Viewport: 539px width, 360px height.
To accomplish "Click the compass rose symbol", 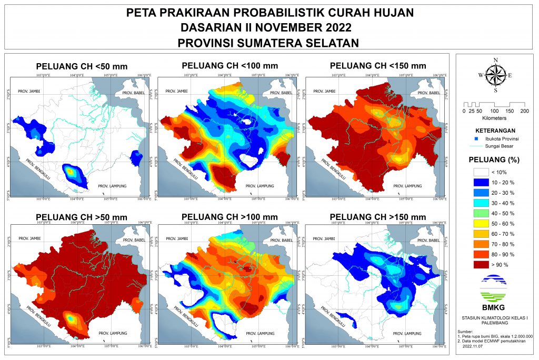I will [x=495, y=75].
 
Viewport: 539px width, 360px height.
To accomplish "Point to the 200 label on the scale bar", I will [x=524, y=112].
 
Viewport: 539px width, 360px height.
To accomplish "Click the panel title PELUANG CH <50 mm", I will [x=82, y=67].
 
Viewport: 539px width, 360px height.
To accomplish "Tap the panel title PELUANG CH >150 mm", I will [x=377, y=217].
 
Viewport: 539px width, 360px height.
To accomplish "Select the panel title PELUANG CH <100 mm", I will [x=229, y=66].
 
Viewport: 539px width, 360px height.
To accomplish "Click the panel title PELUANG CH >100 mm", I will [x=229, y=217].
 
